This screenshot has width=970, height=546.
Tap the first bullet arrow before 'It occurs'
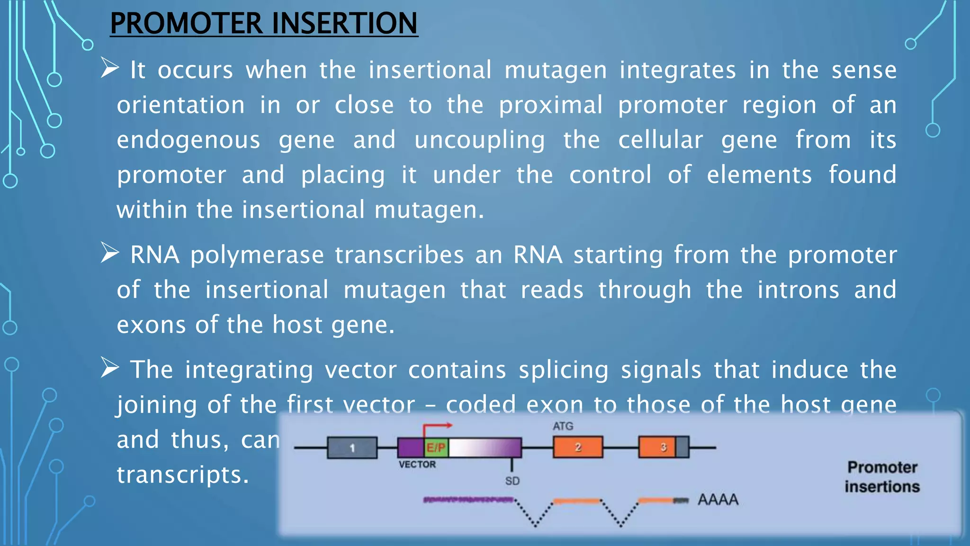109,68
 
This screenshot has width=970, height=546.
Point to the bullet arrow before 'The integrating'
109,368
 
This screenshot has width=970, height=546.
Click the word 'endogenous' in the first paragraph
189,140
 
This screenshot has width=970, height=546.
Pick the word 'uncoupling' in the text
479,140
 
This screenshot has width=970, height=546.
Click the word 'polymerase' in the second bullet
257,255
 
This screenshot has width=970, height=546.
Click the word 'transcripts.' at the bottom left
183,475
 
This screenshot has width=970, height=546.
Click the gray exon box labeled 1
352,448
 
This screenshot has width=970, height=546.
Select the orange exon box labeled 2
578,447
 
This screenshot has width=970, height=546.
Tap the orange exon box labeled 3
657,447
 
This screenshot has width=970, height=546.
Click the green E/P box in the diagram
436,447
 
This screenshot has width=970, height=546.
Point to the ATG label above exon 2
563,426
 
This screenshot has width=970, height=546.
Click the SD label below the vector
512,481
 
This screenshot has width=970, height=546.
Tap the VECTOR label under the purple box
417,464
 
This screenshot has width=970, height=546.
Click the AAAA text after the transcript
718,500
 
